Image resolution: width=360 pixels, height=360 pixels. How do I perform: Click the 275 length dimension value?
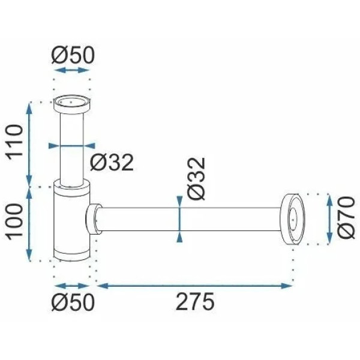coord(195,301)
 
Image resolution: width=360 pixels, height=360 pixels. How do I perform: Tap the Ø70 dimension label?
coord(346,217)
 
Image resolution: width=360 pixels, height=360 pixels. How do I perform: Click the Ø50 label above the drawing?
coord(73,55)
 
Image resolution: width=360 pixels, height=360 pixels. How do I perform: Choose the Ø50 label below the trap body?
coord(73,302)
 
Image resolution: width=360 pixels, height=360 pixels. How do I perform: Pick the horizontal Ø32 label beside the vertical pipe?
coord(112,163)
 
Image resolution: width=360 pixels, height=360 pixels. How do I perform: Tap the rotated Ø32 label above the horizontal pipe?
coord(196,179)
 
